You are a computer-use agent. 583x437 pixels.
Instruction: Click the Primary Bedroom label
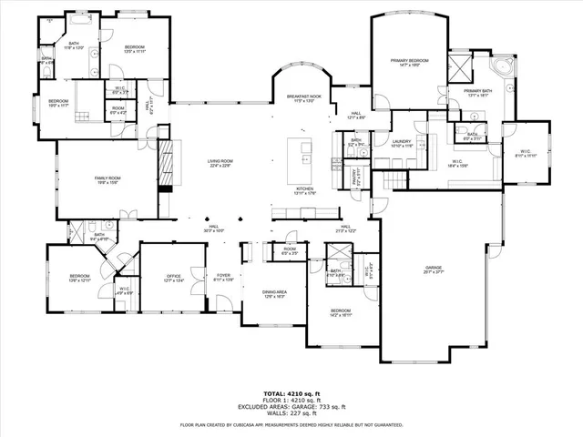click(409, 62)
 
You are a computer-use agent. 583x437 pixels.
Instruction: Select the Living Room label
click(220, 163)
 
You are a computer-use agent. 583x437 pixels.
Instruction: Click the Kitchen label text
click(303, 191)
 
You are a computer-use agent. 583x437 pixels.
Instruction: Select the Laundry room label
click(403, 142)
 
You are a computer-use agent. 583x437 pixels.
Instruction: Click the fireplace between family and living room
click(165, 165)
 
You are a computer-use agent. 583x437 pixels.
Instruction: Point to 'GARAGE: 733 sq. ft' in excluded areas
click(310, 405)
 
